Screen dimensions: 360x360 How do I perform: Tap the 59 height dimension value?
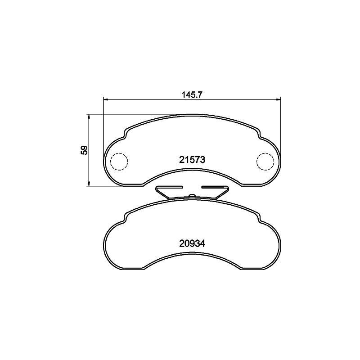tap(84, 150)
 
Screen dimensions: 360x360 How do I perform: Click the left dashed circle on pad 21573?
tap(119, 162)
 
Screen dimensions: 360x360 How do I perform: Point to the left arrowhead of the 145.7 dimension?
tap(106, 99)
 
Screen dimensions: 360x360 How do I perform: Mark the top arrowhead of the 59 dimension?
tap(89, 116)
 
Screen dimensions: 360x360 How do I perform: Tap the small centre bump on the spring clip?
tap(192, 195)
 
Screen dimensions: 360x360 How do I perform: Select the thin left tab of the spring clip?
tap(168, 187)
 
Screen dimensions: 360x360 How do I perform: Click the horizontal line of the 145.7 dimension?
tap(148, 99)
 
